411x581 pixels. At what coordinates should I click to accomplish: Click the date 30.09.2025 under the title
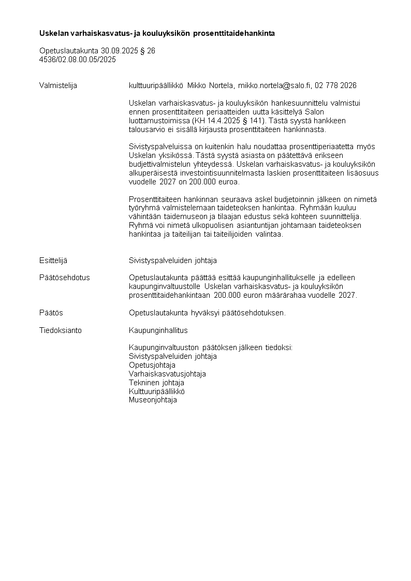[120, 51]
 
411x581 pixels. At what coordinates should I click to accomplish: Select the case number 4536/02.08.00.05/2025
[78, 60]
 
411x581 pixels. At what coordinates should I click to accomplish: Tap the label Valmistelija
[58, 85]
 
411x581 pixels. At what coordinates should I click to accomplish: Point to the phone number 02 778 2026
[335, 85]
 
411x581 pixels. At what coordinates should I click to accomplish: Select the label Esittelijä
[53, 260]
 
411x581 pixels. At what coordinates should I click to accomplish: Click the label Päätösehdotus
[64, 278]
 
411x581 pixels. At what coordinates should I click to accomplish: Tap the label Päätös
[51, 313]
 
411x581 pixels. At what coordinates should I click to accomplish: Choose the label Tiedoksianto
[60, 330]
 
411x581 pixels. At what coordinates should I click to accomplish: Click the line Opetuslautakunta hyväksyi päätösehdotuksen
[207, 313]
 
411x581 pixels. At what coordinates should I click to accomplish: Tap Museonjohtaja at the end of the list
[153, 400]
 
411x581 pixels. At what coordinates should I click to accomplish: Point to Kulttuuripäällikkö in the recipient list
[156, 391]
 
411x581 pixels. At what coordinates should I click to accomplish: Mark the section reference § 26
[148, 51]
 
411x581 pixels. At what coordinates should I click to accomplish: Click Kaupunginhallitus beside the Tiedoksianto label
[158, 330]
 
